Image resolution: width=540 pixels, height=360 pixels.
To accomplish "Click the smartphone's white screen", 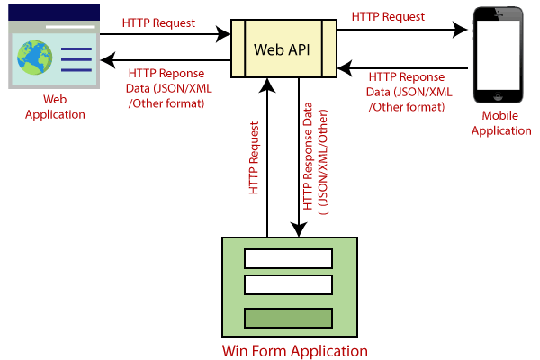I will [499, 61].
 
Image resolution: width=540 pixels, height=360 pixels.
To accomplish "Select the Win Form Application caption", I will [294, 350].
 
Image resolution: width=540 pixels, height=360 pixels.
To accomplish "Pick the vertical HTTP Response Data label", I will [315, 162].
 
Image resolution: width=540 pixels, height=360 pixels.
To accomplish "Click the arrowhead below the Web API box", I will [266, 86].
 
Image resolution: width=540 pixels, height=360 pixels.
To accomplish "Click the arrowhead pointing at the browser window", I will [110, 61].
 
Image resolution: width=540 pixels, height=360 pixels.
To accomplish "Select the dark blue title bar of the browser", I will [54, 11].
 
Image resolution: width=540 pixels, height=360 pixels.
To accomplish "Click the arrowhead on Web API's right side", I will [346, 67].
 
